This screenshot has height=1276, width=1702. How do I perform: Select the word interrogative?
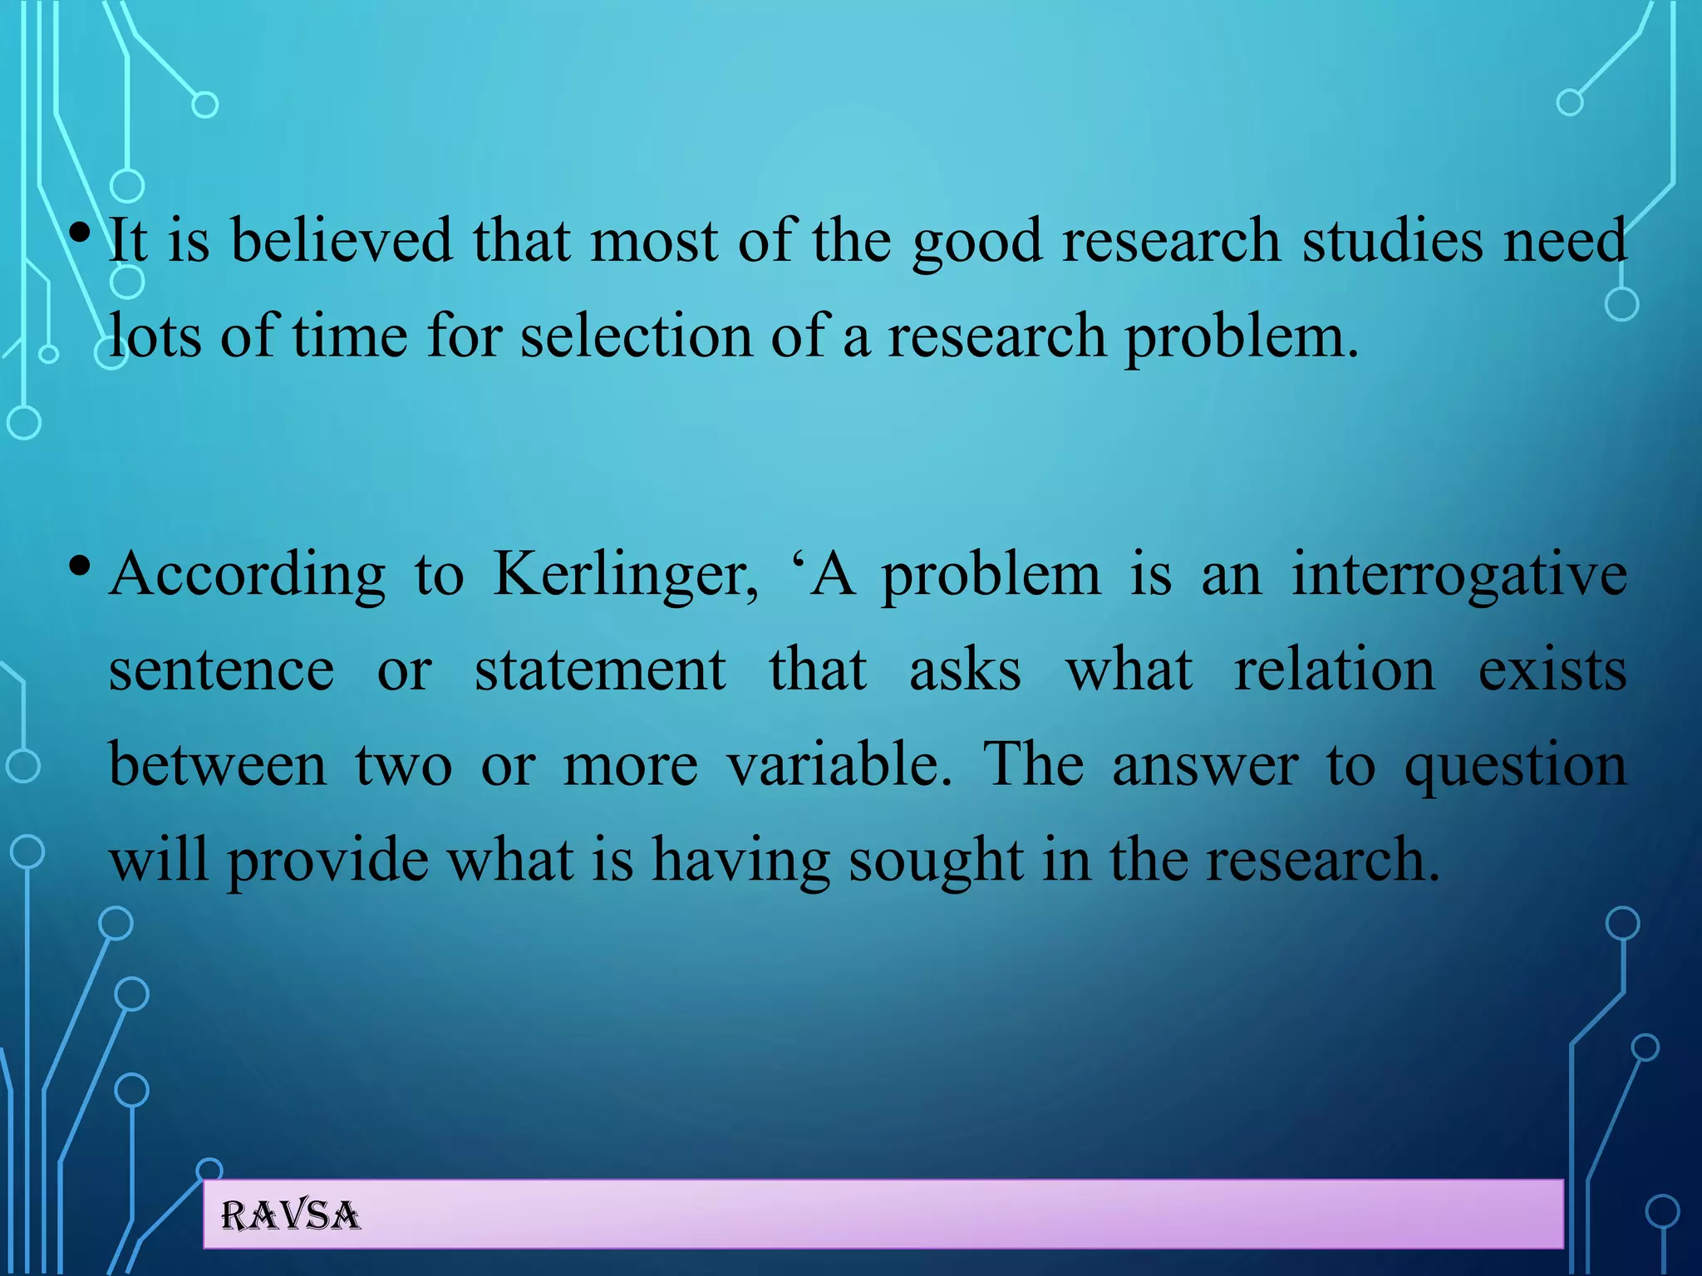(1459, 575)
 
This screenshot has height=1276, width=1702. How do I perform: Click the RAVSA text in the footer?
(291, 1216)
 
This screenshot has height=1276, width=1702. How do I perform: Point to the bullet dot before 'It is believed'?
(80, 233)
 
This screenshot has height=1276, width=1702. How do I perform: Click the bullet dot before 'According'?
(80, 567)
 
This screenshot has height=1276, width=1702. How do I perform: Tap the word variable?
(839, 764)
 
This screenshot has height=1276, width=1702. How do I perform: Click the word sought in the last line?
(936, 860)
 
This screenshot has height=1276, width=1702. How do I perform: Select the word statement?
(600, 670)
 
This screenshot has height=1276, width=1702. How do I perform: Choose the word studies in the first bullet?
(1393, 241)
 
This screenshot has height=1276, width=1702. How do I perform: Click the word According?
(248, 575)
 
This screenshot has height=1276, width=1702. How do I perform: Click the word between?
(218, 764)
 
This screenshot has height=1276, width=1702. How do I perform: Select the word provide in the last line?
(327, 860)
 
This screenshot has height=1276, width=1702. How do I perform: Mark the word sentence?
(222, 670)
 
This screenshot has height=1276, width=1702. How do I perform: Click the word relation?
(1334, 670)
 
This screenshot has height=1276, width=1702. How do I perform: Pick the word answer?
(1205, 764)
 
